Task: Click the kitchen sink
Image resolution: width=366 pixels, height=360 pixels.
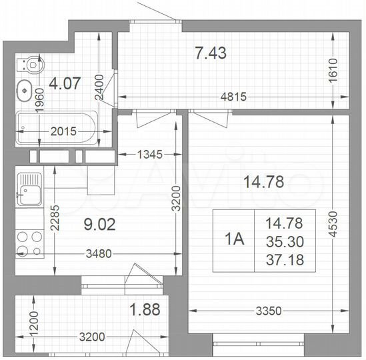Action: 29,189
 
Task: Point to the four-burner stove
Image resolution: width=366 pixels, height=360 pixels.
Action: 29,243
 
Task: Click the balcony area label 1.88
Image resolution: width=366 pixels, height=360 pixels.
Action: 145,309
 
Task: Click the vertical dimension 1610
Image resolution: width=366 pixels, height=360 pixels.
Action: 334,69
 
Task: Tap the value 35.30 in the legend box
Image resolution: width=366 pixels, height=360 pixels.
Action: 285,241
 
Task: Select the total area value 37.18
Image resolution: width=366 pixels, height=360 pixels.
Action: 285,259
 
